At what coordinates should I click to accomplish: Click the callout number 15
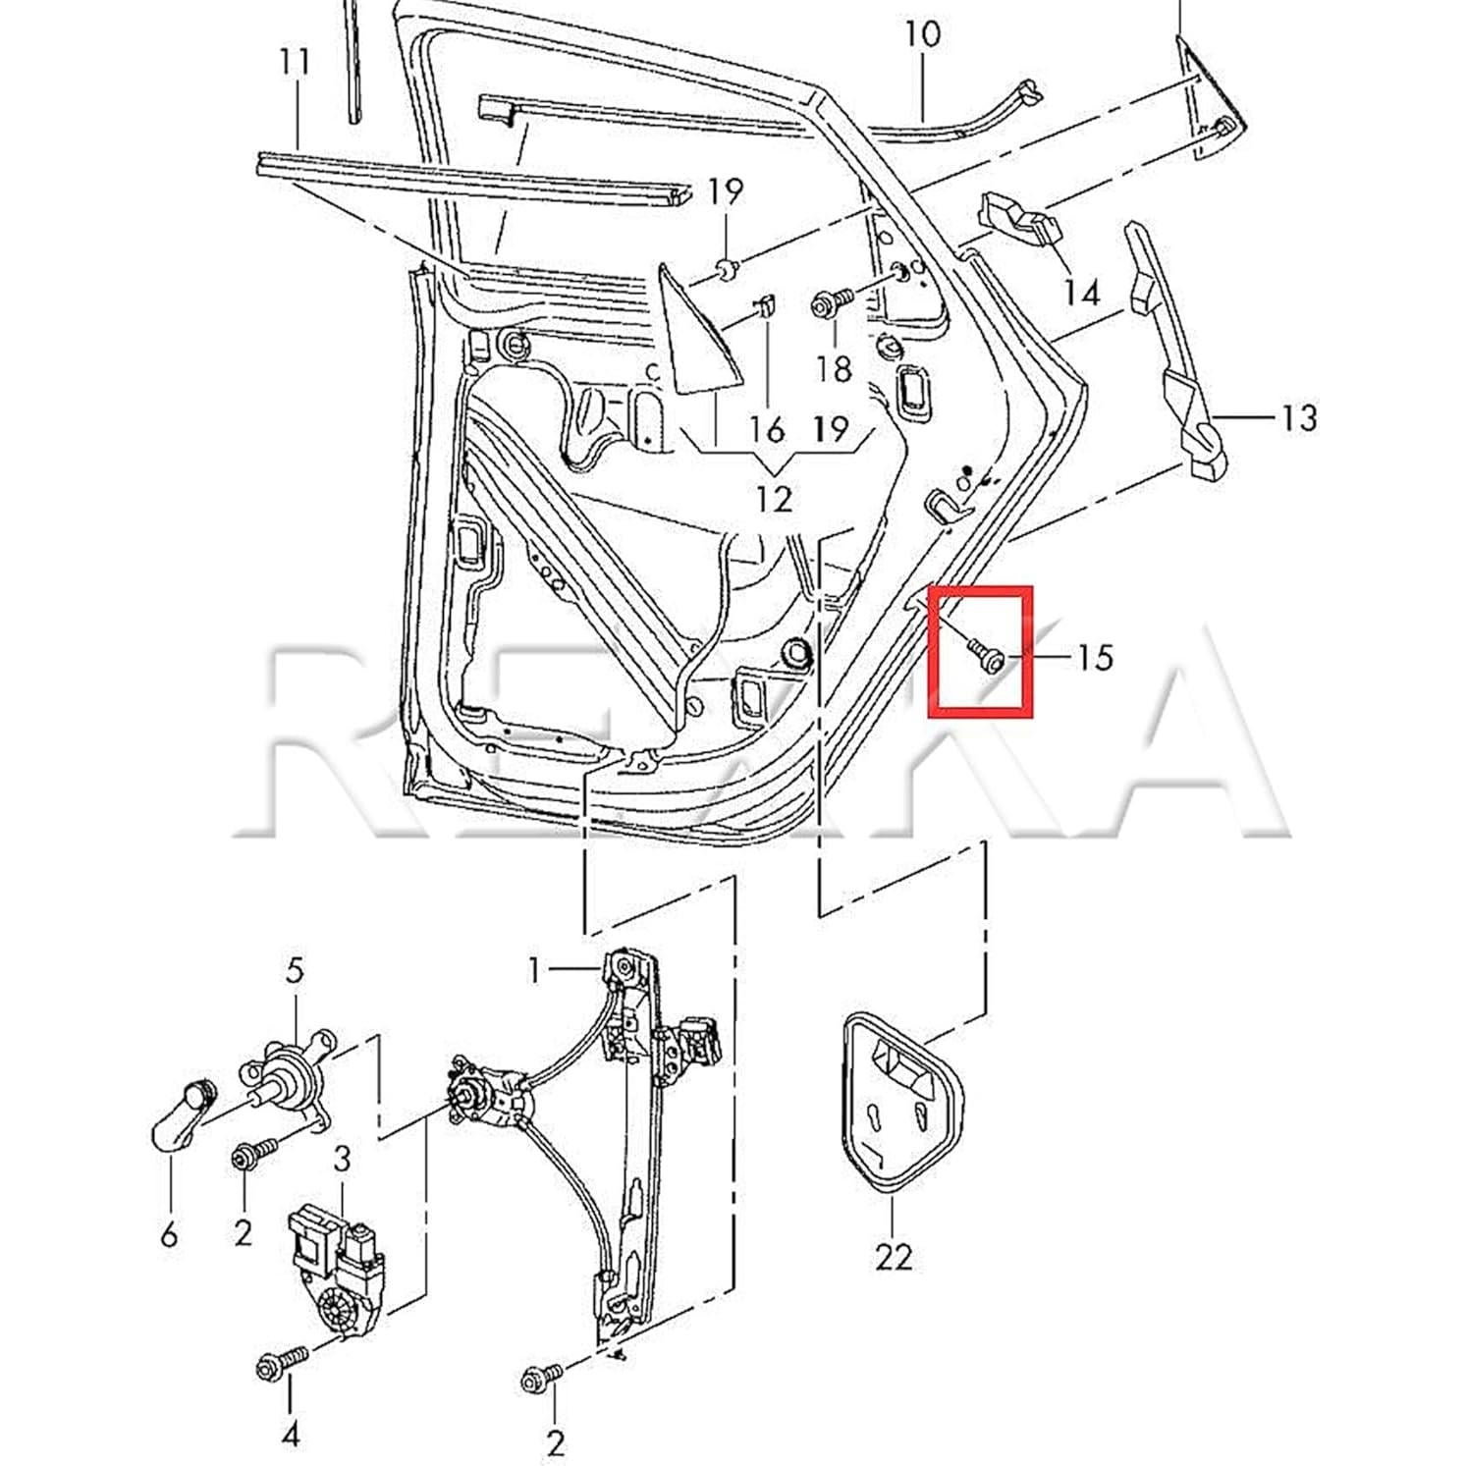pyautogui.click(x=1094, y=656)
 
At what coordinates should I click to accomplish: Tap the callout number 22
pyautogui.click(x=893, y=1256)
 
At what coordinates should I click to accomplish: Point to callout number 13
pyautogui.click(x=1298, y=417)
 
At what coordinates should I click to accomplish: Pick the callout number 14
pyautogui.click(x=1081, y=292)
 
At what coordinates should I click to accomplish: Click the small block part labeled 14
pyautogui.click(x=1022, y=224)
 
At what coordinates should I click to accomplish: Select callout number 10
pyautogui.click(x=922, y=34)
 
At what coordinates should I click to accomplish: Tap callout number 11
pyautogui.click(x=295, y=64)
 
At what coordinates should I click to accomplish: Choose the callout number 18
pyautogui.click(x=833, y=369)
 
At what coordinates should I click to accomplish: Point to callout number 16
pyautogui.click(x=767, y=429)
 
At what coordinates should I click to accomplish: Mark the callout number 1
pyautogui.click(x=534, y=971)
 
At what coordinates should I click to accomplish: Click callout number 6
pyautogui.click(x=169, y=1232)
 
